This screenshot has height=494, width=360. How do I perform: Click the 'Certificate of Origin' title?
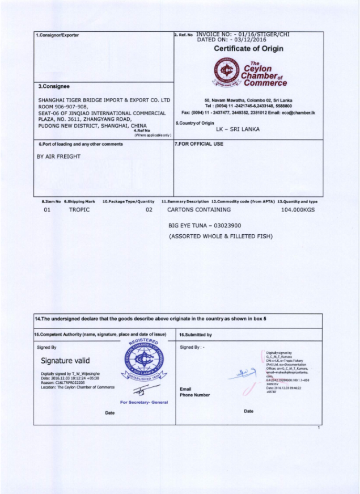(x=248, y=49)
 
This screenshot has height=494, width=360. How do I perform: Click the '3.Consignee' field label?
(x=53, y=86)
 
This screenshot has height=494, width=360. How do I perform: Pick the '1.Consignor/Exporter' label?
(x=58, y=35)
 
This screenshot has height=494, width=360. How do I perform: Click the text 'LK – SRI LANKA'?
(x=238, y=129)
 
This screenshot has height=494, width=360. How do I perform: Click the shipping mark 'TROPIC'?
(x=79, y=210)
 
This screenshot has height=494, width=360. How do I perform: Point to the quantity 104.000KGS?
(x=298, y=210)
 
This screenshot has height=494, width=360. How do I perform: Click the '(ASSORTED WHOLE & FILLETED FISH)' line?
(x=221, y=236)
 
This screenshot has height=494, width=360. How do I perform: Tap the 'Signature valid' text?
(x=65, y=360)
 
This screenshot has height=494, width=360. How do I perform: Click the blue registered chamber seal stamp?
(x=141, y=364)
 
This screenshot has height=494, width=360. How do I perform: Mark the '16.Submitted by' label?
(x=196, y=335)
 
